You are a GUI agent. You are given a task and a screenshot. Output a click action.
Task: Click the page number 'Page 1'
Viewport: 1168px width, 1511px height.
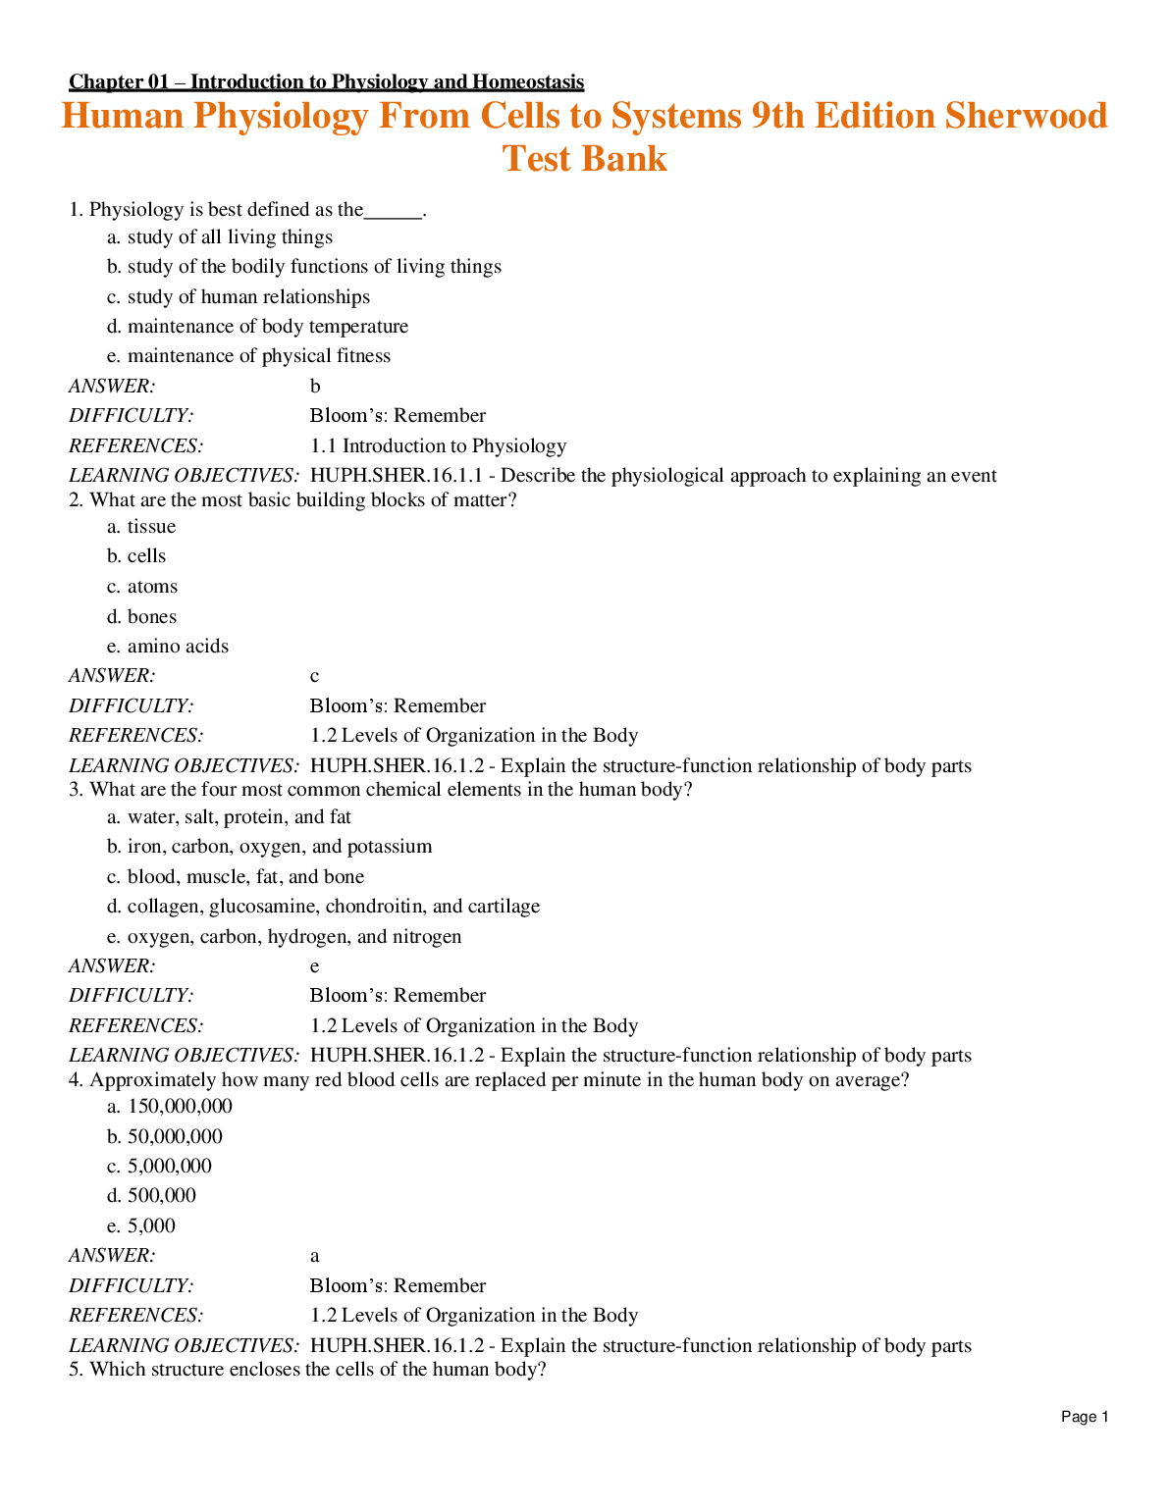pos(1085,1417)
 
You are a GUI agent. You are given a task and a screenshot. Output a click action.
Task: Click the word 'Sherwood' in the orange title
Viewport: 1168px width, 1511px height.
pos(1026,116)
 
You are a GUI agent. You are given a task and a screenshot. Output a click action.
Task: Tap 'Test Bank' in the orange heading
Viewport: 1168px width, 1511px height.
pos(584,159)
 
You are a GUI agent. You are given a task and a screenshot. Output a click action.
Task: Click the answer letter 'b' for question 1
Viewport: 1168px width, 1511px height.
pos(315,387)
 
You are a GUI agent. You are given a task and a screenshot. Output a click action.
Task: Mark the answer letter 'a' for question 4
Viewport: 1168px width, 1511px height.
pos(315,1256)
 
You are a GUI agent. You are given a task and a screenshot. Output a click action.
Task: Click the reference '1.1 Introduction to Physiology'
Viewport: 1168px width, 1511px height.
pos(438,446)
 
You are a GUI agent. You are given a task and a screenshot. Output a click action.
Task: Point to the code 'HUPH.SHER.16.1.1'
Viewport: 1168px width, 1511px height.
pos(397,476)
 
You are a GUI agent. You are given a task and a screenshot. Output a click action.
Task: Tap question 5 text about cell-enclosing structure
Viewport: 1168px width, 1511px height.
pos(307,1370)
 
